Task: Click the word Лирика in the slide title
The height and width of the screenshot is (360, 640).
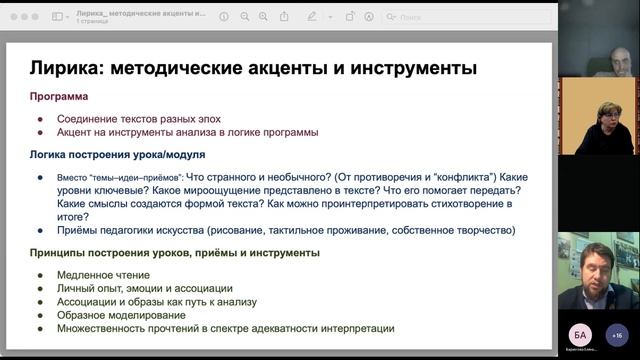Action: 68,68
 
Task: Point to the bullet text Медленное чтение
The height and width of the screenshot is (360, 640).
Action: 104,275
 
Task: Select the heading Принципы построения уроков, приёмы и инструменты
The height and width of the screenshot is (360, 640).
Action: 175,252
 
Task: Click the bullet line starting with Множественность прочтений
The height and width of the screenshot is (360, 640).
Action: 225,327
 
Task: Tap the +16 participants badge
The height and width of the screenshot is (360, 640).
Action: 617,334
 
